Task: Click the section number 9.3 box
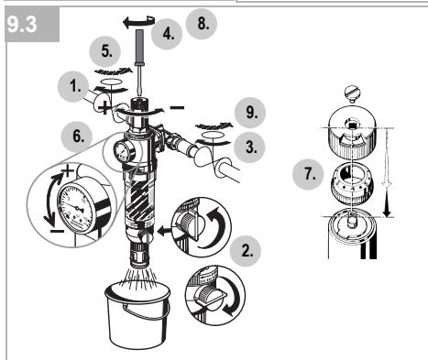click(32, 25)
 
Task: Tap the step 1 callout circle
click(73, 87)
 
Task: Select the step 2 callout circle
click(246, 251)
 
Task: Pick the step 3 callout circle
click(249, 147)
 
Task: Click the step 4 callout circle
click(167, 34)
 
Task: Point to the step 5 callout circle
click(104, 51)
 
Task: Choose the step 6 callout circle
click(77, 136)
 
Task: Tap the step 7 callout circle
click(308, 174)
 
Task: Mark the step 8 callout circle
click(202, 23)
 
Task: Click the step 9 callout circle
click(250, 113)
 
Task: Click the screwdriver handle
click(139, 48)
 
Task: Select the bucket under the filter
click(137, 313)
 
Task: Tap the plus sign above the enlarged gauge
click(68, 170)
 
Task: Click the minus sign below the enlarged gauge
click(57, 231)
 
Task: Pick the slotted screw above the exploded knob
click(353, 93)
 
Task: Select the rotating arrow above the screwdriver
click(139, 22)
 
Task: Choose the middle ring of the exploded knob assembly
click(353, 184)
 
